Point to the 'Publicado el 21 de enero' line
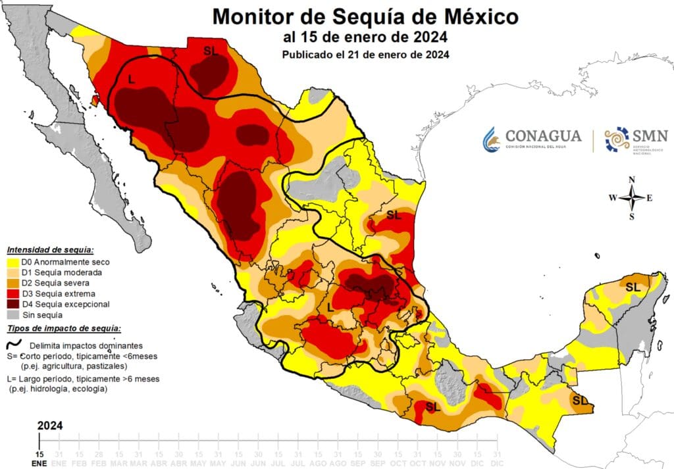click(365, 55)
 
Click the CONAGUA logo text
click(543, 136)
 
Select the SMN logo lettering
click(650, 136)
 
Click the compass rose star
click(632, 197)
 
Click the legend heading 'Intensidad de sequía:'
click(50, 251)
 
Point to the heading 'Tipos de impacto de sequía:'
click(63, 328)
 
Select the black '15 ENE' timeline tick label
click(39, 458)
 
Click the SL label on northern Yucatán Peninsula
click(633, 287)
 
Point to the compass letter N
click(632, 180)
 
